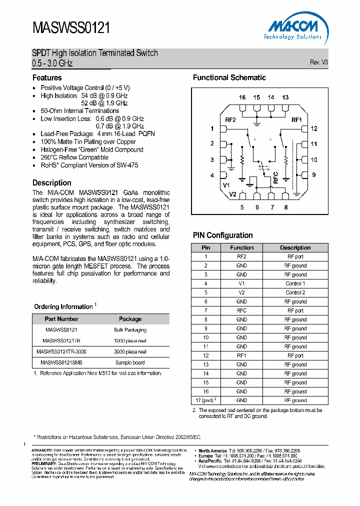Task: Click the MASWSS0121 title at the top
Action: click(x=71, y=27)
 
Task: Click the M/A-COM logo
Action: click(x=292, y=29)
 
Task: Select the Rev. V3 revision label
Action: click(x=318, y=62)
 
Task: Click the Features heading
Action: click(x=47, y=78)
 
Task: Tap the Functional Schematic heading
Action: click(x=229, y=78)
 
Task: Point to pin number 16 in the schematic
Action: click(x=242, y=97)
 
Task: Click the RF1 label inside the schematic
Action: click(x=297, y=120)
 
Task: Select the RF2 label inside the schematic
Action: click(x=230, y=120)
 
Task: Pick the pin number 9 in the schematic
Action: click(x=314, y=175)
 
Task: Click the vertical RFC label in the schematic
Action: click(x=275, y=178)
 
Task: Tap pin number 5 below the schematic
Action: click(x=242, y=207)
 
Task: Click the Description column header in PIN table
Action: click(x=295, y=247)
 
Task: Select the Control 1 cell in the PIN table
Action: click(x=295, y=283)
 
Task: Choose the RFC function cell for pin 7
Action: click(x=241, y=310)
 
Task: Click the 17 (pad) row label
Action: click(x=205, y=400)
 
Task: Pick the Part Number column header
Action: click(x=61, y=319)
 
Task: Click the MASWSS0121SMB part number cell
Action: click(x=61, y=362)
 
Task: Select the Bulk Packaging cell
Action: click(x=130, y=330)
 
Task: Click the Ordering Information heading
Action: click(x=63, y=306)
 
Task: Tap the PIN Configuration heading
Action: click(x=222, y=235)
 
